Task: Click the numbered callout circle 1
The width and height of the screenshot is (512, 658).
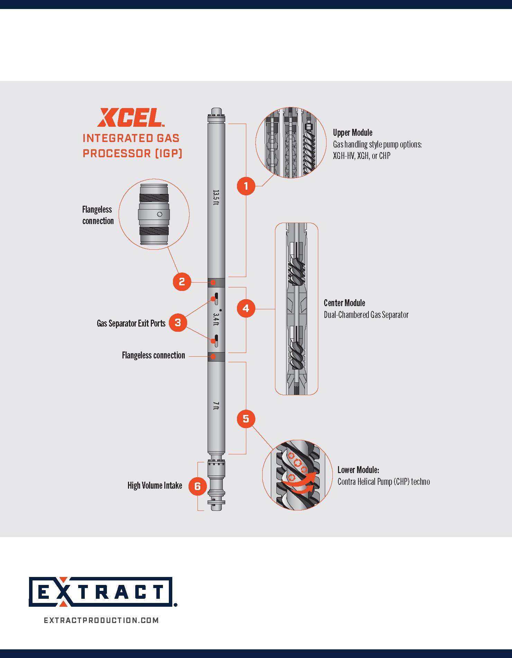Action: point(246,186)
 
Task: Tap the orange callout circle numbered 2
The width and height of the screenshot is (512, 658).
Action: point(182,282)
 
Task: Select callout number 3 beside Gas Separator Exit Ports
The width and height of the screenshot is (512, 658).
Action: point(178,323)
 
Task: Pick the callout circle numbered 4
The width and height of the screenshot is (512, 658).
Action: point(246,308)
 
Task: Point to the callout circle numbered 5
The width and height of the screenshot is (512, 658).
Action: point(246,419)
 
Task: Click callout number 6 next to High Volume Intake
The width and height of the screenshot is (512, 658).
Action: point(198,486)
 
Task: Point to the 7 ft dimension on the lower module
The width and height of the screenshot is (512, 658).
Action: point(216,406)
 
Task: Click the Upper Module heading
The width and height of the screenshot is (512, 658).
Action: point(353,133)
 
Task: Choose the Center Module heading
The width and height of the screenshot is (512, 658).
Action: point(344,303)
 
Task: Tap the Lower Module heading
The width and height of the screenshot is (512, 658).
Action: point(358,470)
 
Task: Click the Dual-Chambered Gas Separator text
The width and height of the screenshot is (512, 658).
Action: point(366,315)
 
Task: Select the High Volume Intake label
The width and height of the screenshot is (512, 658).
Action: point(155,486)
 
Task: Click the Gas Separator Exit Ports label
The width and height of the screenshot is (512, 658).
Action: point(131,323)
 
